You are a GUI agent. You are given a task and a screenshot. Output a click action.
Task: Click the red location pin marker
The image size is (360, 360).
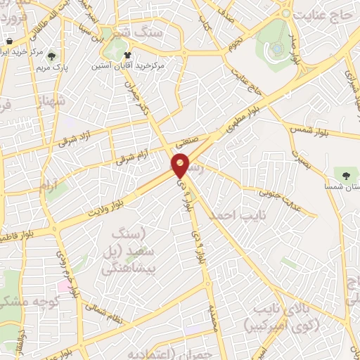[x=181, y=165]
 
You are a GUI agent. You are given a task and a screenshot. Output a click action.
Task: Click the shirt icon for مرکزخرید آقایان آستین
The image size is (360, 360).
[x=127, y=54]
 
